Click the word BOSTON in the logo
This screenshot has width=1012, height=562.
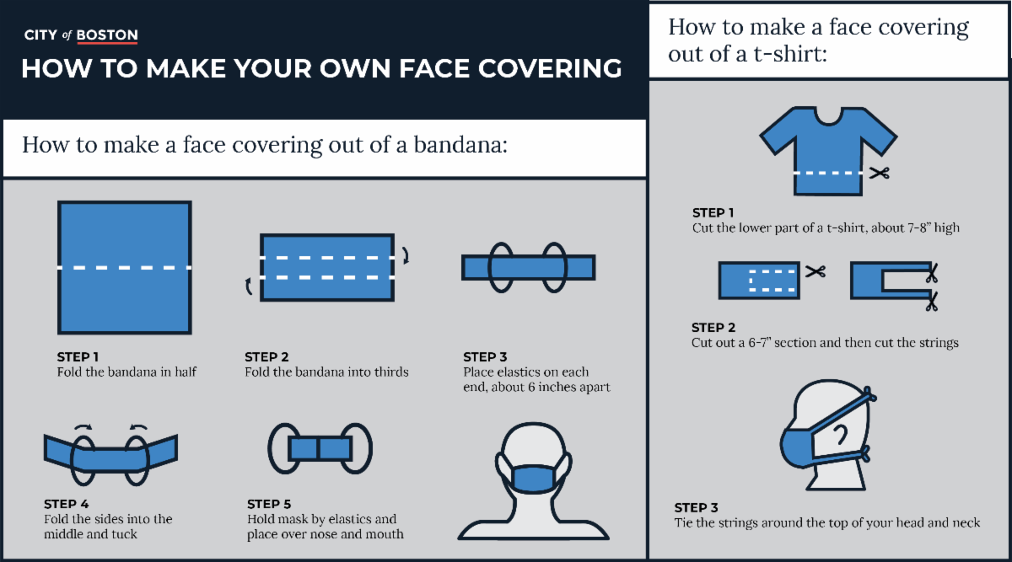(x=107, y=35)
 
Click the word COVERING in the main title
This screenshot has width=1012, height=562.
(x=550, y=68)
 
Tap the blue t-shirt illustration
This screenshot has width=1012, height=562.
(x=828, y=151)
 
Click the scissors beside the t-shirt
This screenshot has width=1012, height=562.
(x=879, y=173)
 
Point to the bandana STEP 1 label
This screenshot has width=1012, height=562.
(x=78, y=357)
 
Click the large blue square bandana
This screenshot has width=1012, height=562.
(x=125, y=268)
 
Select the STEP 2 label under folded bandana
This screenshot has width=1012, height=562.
(x=266, y=357)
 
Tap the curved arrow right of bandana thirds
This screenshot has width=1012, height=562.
(x=406, y=255)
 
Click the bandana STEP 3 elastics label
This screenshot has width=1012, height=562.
(x=485, y=357)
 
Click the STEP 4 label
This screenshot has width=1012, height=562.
(x=67, y=504)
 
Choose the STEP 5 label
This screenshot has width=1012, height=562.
(x=269, y=504)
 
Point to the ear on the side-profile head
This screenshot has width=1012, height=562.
(x=840, y=435)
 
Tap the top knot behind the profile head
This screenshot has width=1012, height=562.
(x=869, y=394)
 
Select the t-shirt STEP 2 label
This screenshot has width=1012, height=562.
(x=713, y=327)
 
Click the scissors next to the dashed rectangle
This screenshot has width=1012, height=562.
(x=815, y=271)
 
